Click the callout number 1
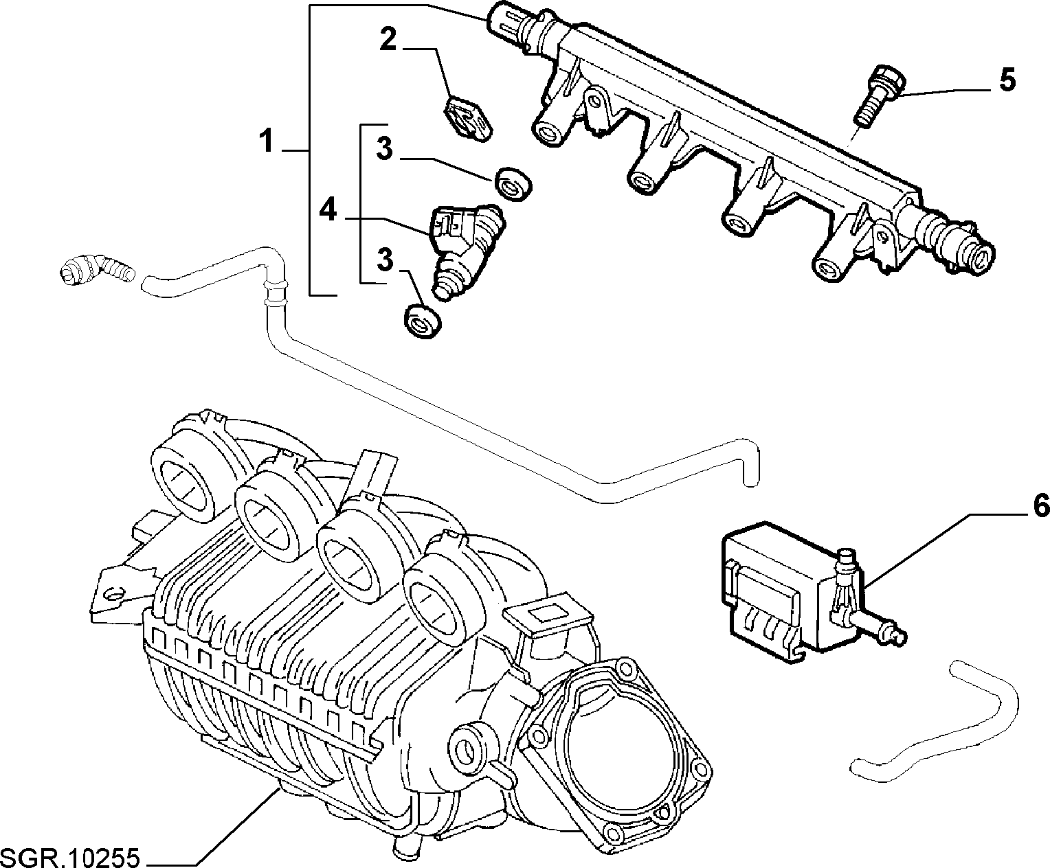tap(267, 141)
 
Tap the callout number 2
tap(388, 39)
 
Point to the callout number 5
tap(1007, 80)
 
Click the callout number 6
tap(1040, 505)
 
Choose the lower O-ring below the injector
tap(423, 321)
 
